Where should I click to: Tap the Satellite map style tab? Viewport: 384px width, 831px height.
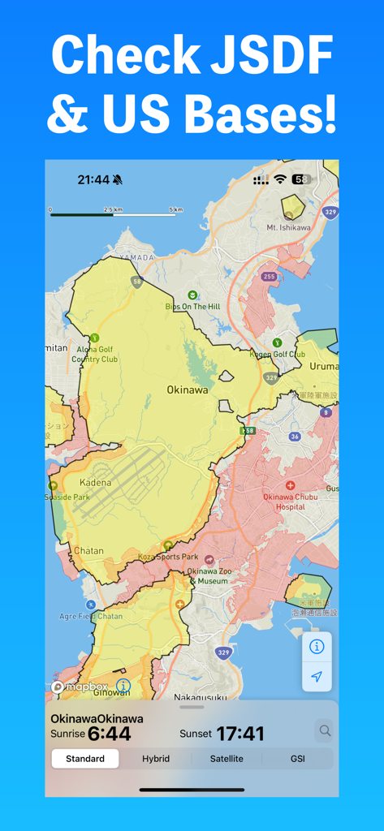coord(227,759)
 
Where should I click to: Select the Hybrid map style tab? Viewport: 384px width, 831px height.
coord(156,759)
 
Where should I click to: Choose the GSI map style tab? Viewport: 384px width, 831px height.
coord(298,759)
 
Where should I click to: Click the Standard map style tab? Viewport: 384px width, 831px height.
coord(85,759)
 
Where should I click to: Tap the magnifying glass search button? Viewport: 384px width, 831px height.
coord(325,731)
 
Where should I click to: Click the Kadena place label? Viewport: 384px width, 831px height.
coord(95,483)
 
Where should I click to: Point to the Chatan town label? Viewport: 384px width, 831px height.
coord(88,551)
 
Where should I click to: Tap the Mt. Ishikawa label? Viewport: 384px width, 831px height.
coord(288,227)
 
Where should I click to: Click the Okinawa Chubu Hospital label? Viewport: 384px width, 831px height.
coord(290,501)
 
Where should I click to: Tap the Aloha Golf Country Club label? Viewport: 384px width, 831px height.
coord(95,355)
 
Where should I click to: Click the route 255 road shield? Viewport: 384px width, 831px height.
coord(270,277)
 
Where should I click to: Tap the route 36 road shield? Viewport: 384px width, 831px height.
coord(295,437)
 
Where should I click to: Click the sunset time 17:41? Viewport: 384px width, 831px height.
coord(239,734)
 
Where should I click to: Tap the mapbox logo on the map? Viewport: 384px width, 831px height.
coord(80,687)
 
